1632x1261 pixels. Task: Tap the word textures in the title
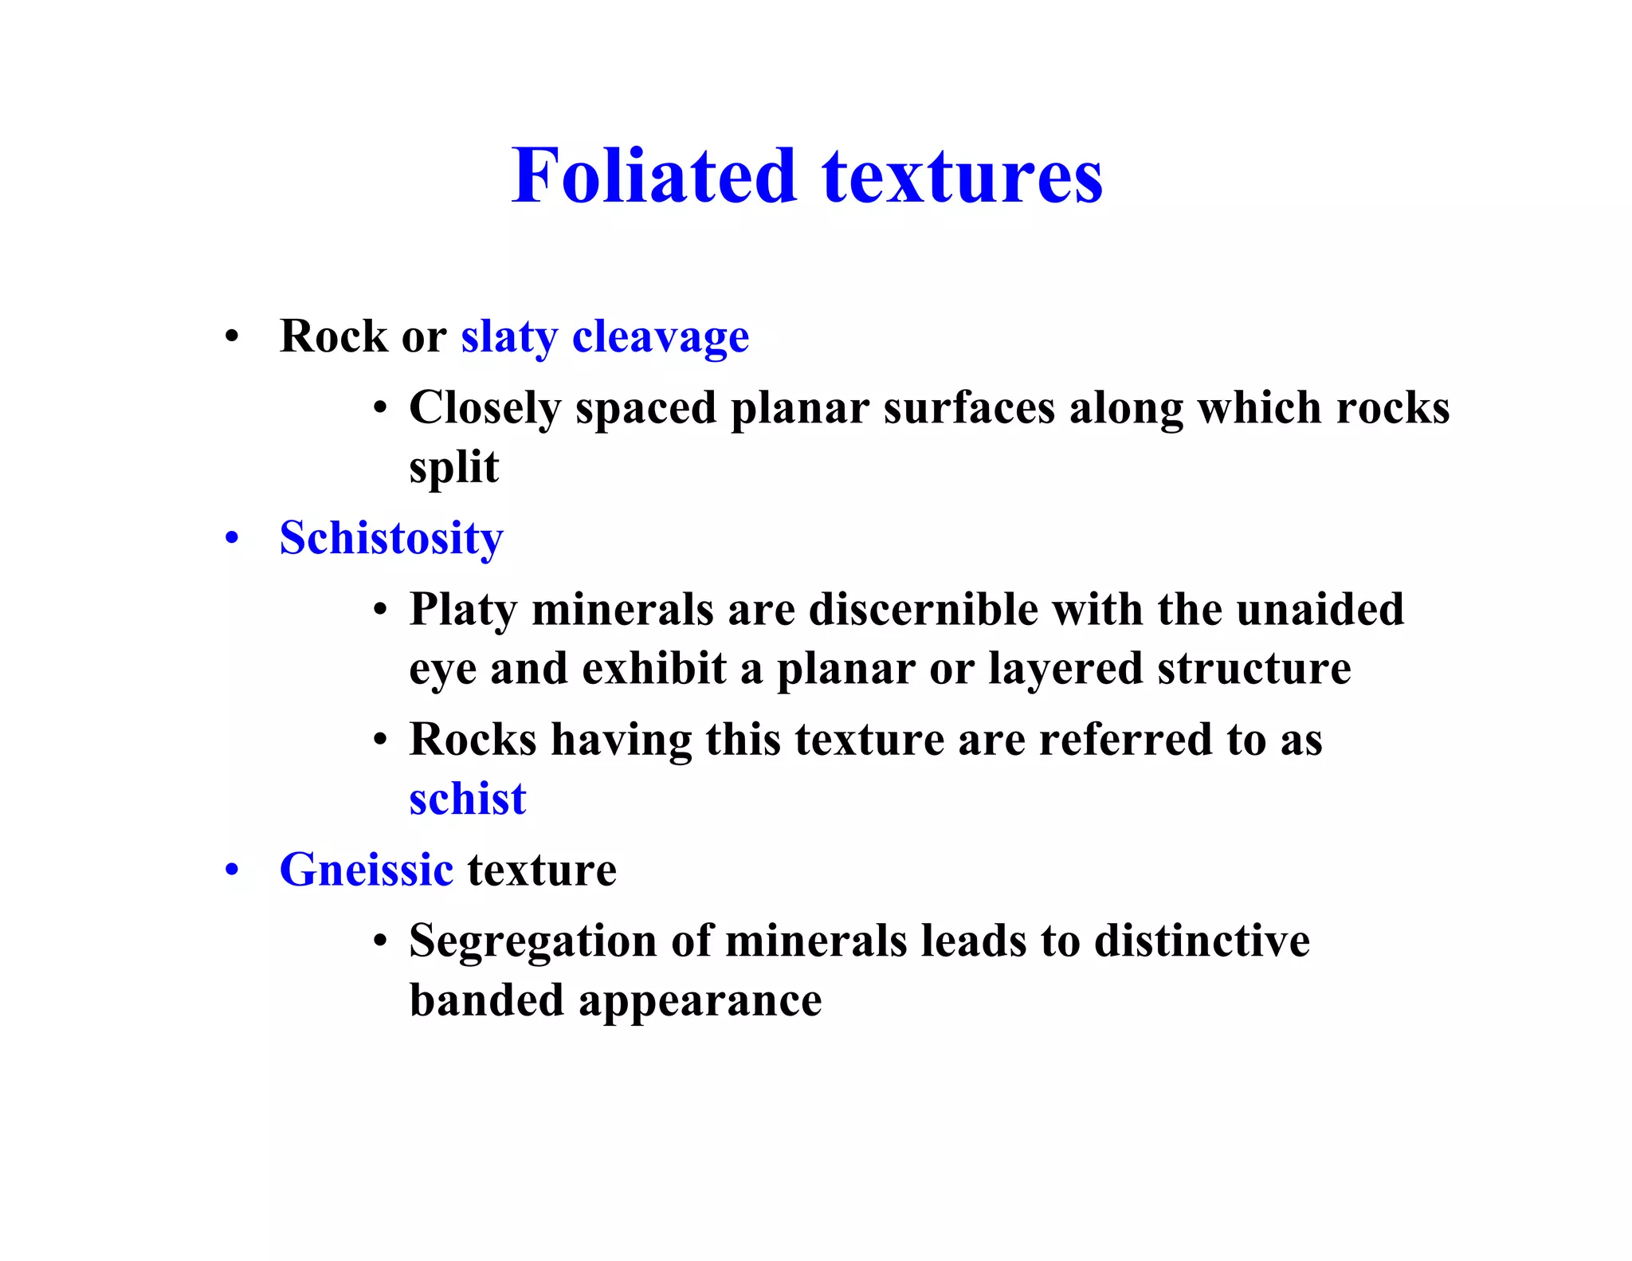point(963,177)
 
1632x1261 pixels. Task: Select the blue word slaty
point(509,336)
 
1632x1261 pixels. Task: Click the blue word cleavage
point(661,336)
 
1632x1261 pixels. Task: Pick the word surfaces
point(969,408)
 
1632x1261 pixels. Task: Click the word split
point(453,467)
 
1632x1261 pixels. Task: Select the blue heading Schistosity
point(391,539)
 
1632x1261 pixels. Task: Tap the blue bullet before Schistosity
point(232,538)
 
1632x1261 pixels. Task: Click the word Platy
point(463,611)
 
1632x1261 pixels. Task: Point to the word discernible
point(923,610)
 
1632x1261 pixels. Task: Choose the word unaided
point(1320,610)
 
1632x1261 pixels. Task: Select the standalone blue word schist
point(468,799)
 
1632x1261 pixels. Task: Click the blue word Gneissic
point(367,870)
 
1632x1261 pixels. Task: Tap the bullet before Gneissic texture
point(232,870)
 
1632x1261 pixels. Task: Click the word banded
point(487,1000)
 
